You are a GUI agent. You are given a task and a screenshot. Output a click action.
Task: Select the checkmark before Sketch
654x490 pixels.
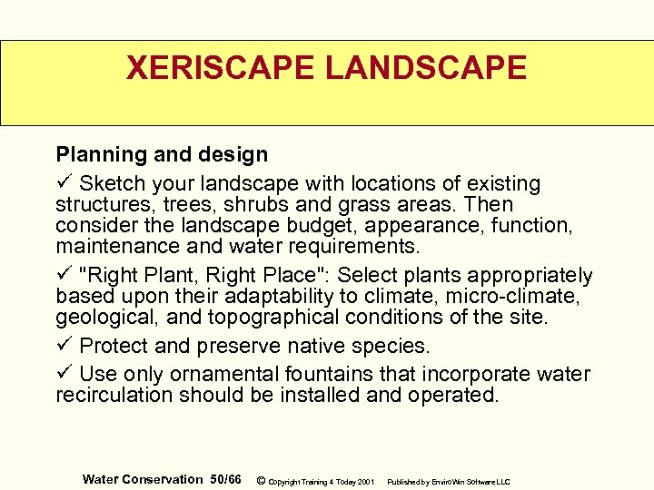pos(64,183)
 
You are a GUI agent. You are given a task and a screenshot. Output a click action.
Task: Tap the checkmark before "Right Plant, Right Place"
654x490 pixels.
pos(64,275)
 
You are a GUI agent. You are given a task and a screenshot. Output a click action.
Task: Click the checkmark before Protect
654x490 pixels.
pos(64,346)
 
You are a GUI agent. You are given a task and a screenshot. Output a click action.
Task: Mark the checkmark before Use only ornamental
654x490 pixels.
pos(64,374)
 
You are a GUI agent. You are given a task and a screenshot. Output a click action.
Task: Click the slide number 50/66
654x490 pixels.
pos(225,478)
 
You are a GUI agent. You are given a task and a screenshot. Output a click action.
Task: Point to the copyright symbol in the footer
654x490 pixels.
pos(261,479)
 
